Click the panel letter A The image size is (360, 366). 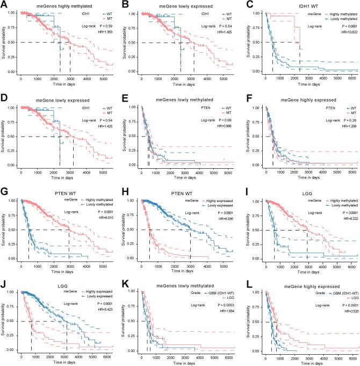coord(4,4)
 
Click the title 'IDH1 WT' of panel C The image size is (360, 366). coord(305,5)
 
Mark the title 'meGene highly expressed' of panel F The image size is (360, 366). coord(305,98)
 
